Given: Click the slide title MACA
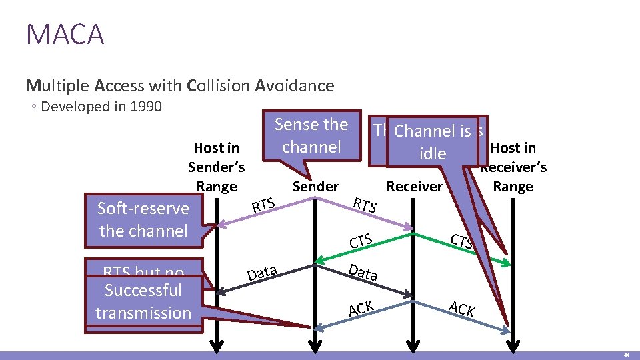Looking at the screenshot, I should (x=65, y=34).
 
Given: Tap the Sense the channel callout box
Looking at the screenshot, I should (x=311, y=135).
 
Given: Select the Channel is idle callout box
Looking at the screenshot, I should (x=432, y=142).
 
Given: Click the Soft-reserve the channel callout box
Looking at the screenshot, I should (x=143, y=219).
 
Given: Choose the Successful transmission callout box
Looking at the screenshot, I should (x=143, y=302).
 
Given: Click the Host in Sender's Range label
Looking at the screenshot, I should (x=216, y=167).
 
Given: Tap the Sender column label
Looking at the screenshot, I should (x=315, y=187).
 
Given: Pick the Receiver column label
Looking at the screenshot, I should (x=414, y=187).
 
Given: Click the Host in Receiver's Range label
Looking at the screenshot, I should (x=513, y=167).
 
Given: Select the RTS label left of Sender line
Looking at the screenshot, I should (x=263, y=206).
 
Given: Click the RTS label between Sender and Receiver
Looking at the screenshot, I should (x=365, y=205).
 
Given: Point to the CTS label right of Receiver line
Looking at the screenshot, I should (x=462, y=241).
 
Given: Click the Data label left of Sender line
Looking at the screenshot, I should (x=262, y=272).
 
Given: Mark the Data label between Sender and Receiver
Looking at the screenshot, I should (x=364, y=272).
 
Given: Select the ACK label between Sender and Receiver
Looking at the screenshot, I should (x=361, y=309).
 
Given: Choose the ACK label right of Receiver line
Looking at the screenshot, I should (x=461, y=309).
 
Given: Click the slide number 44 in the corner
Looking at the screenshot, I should (x=626, y=356).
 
